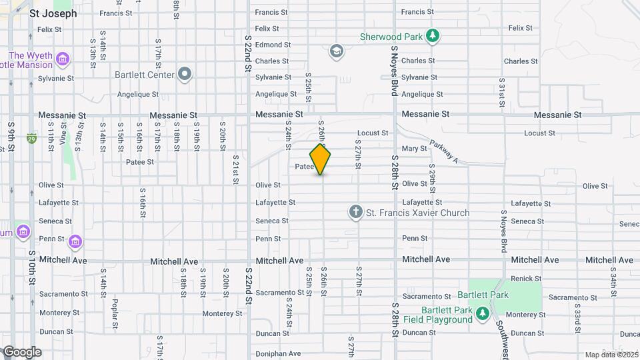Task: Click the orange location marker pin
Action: point(320,159)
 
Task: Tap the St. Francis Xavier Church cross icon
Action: point(356,213)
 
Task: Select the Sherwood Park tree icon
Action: point(433,36)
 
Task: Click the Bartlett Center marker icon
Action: point(185,74)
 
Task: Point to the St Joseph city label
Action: point(53,13)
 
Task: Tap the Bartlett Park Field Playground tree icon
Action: point(482,313)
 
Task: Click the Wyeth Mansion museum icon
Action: point(62,60)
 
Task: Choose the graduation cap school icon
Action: point(337,51)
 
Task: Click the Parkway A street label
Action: point(444,152)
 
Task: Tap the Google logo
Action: point(21,352)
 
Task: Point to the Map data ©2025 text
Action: point(610,355)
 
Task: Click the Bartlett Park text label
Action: point(483,295)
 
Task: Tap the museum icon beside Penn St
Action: point(75,240)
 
